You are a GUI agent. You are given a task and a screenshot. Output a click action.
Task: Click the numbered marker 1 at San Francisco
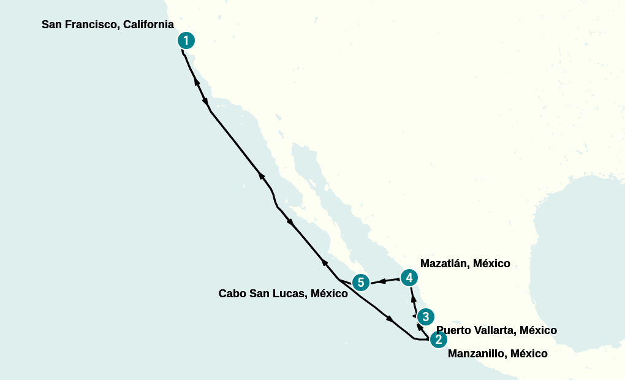pyautogui.click(x=186, y=41)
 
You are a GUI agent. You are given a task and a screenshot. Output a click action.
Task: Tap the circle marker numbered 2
pyautogui.click(x=438, y=340)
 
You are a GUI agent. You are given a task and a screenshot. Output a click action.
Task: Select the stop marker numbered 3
pyautogui.click(x=425, y=317)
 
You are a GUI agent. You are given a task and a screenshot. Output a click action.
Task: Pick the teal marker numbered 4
pyautogui.click(x=409, y=278)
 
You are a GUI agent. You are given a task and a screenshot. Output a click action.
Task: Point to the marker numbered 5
pyautogui.click(x=361, y=283)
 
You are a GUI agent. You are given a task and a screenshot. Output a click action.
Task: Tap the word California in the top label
pyautogui.click(x=148, y=25)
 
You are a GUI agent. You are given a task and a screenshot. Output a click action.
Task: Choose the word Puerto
pyautogui.click(x=455, y=330)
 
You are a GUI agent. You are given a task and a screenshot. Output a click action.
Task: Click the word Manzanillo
pyautogui.click(x=477, y=354)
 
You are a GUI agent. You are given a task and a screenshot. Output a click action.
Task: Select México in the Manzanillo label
pyautogui.click(x=529, y=354)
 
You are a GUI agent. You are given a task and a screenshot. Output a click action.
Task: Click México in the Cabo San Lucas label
pyautogui.click(x=329, y=294)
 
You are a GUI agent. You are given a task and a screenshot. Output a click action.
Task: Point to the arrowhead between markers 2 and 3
pyautogui.click(x=420, y=327)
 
